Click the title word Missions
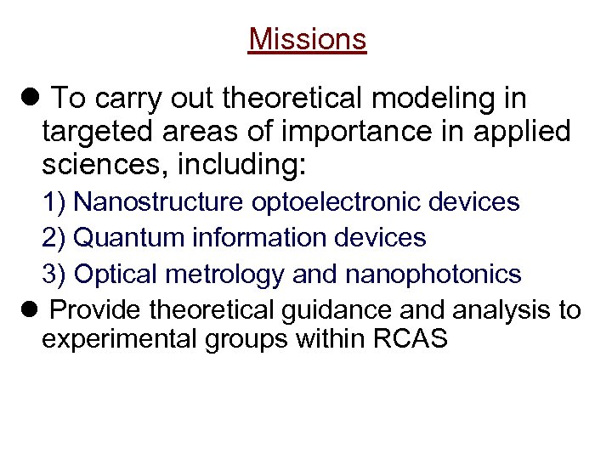[307, 39]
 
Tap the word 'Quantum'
[124, 238]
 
